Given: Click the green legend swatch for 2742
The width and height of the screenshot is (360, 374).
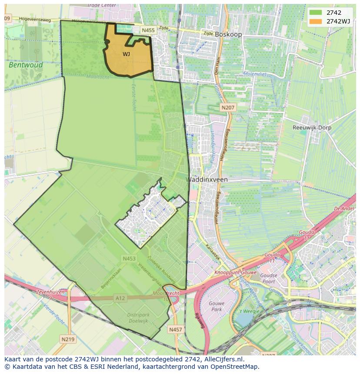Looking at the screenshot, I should [316, 13].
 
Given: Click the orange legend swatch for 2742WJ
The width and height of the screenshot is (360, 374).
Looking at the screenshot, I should [316, 21].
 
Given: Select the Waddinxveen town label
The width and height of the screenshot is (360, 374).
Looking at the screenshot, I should [207, 179].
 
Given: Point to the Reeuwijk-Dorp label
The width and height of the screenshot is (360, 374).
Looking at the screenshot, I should [312, 128].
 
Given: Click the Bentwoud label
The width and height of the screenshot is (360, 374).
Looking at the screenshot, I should [26, 65].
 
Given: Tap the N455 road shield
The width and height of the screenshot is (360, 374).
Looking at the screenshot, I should [148, 30].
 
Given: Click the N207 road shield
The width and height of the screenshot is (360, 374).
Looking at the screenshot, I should [227, 107].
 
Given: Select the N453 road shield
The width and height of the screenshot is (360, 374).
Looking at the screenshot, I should [129, 258].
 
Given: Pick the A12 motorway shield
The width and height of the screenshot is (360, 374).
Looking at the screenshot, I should [120, 298].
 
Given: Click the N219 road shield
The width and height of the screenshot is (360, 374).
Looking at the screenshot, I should [67, 339].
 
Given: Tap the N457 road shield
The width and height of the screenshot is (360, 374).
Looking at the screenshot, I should [175, 330].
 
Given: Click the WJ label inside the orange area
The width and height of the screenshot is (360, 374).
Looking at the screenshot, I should [126, 54].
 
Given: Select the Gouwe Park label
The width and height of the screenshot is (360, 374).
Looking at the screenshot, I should [216, 306].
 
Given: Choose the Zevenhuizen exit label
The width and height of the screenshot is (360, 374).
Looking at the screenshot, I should [51, 292].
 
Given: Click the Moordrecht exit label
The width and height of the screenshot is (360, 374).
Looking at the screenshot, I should [166, 294].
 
